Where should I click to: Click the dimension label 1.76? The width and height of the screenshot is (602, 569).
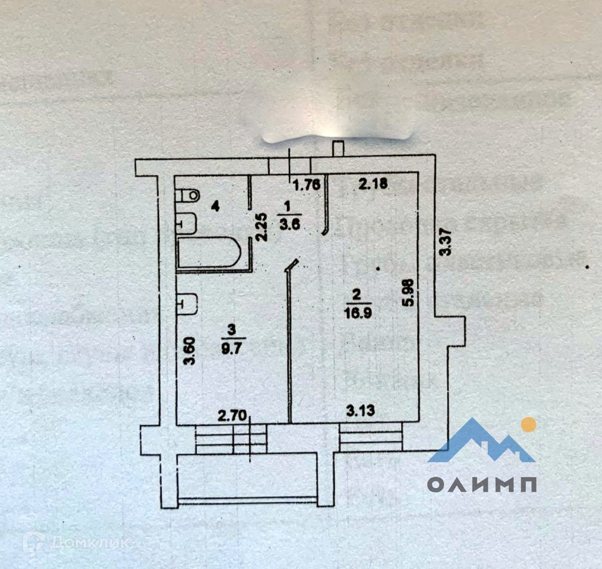coord(307,184)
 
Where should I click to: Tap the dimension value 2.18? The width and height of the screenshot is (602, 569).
coord(373,183)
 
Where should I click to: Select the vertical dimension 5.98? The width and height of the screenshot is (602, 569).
coord(409,293)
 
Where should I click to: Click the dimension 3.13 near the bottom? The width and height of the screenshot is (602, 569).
coord(360,411)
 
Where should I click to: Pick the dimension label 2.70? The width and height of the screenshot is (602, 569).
coord(232,416)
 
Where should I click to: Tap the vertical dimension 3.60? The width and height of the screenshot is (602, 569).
coord(190,351)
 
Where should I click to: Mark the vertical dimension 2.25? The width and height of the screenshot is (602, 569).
coord(263,227)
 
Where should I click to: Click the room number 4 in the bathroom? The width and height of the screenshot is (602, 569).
coord(215,206)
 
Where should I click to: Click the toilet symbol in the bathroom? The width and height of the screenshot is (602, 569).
coord(188,194)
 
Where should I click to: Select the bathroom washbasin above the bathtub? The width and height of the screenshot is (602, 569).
coord(188,223)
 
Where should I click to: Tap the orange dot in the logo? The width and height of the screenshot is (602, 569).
coord(529,425)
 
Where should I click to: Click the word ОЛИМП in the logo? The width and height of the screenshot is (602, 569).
coord(482,484)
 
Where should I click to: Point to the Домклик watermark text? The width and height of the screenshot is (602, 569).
coord(89,543)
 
